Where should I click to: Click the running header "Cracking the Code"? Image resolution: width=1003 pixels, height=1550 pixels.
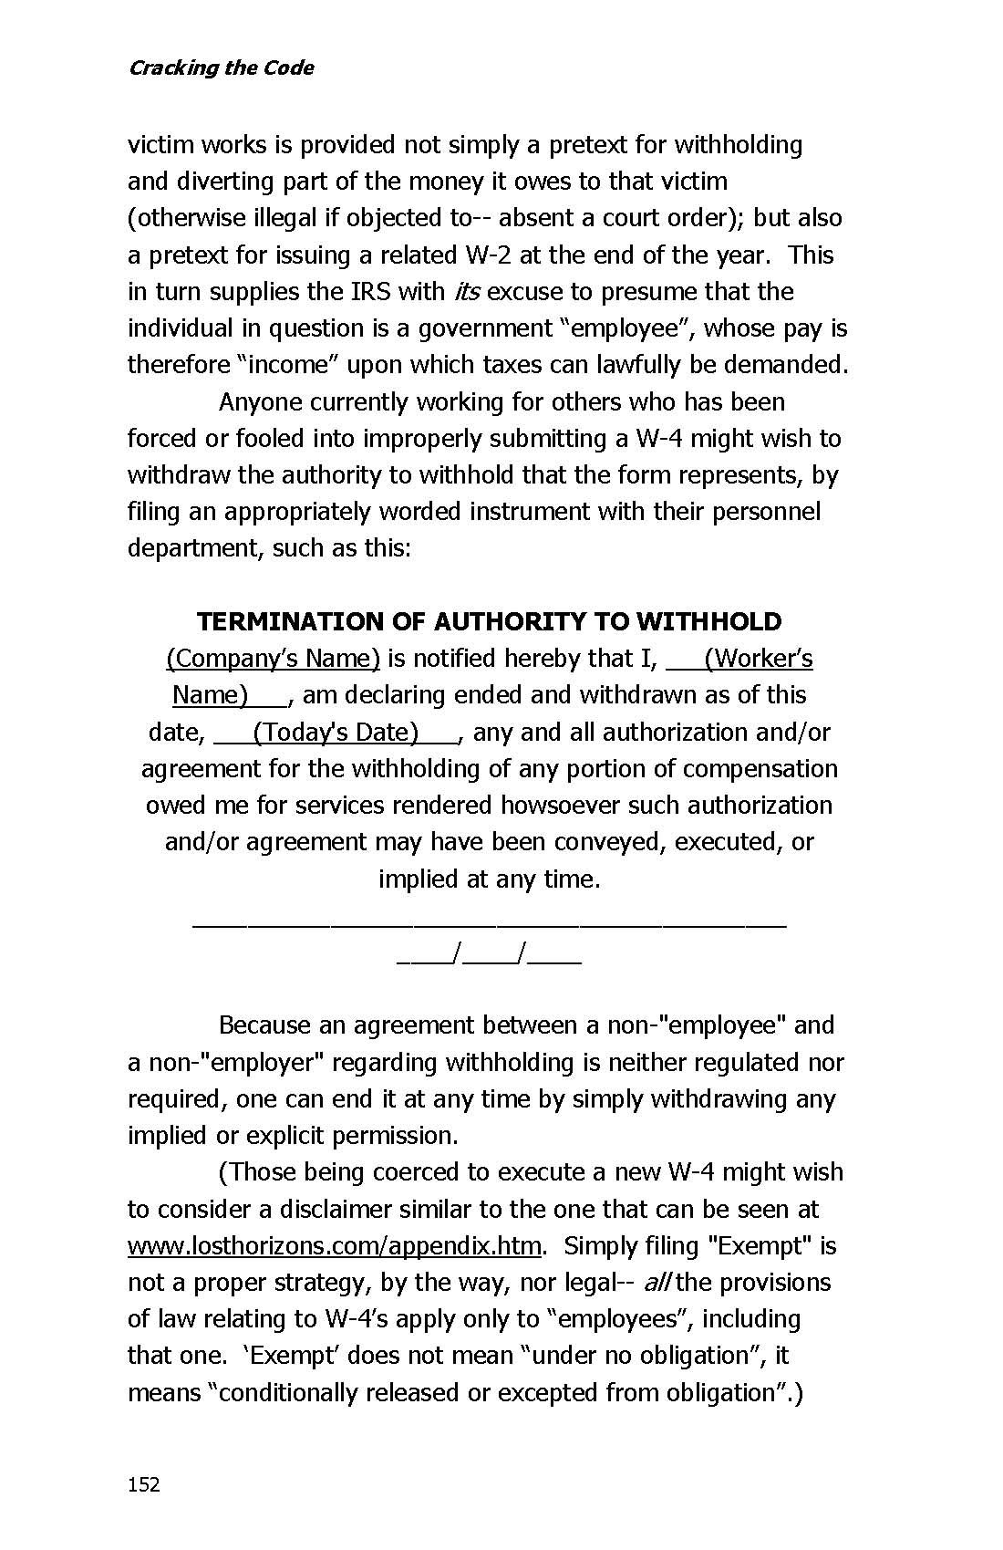tap(221, 68)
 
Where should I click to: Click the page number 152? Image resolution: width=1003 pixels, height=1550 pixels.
tap(143, 1484)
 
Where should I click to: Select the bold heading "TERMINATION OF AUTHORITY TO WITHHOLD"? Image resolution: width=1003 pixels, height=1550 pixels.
tap(489, 622)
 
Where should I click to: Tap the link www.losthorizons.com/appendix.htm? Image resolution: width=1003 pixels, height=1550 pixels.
tap(335, 1246)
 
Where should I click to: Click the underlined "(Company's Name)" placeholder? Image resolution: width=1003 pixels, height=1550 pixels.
tap(273, 659)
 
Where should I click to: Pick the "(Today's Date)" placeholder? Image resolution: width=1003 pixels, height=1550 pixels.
tap(336, 733)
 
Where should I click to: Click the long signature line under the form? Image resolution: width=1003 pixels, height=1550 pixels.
tap(489, 925)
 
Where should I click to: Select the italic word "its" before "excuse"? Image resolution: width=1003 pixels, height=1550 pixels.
tap(466, 292)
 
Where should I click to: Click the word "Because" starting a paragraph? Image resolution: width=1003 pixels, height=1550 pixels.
tap(264, 1025)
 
